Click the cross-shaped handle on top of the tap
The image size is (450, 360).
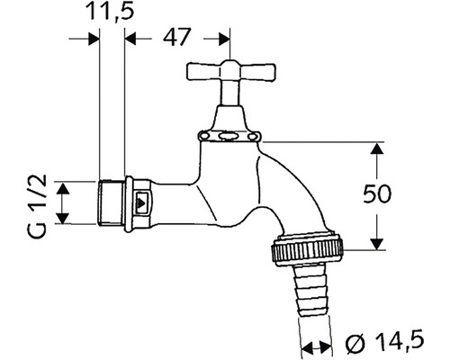click(222, 73)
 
